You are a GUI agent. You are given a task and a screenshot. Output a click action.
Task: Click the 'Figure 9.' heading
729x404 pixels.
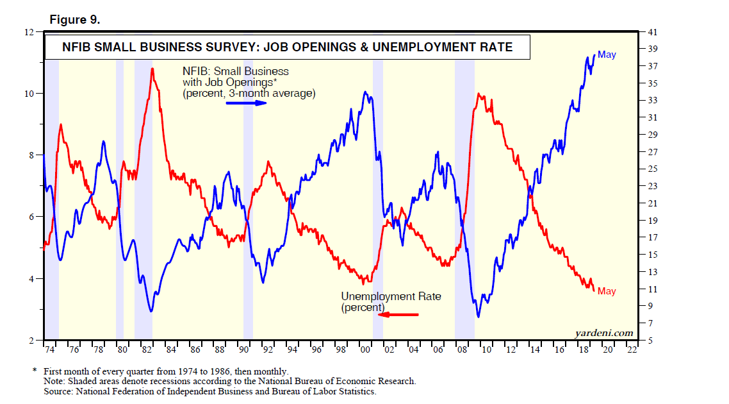74,20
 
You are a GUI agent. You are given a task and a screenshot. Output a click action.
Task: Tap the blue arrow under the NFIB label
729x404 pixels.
246,103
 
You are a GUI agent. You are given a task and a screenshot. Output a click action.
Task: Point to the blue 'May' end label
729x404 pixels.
607,55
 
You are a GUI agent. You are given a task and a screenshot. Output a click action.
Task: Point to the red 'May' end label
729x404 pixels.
607,291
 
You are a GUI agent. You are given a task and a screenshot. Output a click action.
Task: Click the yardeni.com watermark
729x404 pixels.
605,332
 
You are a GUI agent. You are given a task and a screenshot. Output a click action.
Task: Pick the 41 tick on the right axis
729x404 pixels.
652,32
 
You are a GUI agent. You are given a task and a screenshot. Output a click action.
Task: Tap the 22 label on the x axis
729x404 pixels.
632,350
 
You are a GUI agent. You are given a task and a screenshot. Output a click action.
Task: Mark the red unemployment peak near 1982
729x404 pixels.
152,69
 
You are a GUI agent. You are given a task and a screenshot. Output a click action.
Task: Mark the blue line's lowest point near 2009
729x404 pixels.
478,317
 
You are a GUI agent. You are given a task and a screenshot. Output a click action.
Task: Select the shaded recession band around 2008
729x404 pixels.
464,192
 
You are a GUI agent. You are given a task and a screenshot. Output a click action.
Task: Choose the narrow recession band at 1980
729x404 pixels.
120,192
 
